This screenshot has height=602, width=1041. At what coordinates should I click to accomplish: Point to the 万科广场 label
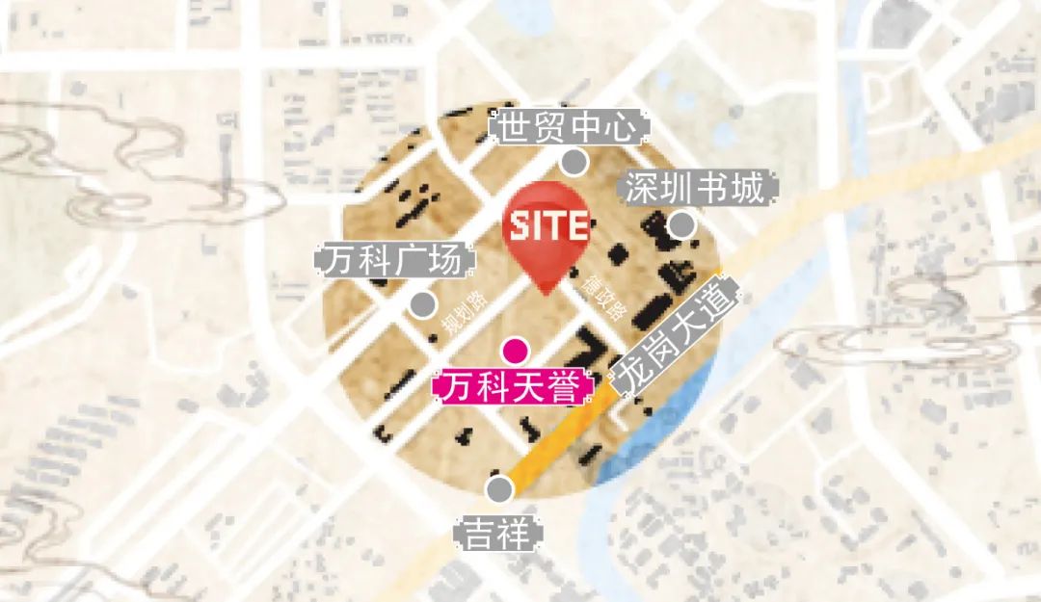[x=395, y=261]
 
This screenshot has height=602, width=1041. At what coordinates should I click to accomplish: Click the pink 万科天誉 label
[x=516, y=388]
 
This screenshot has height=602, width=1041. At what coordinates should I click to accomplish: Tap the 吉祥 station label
[x=498, y=534]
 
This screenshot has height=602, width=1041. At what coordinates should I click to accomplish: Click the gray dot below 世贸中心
[x=575, y=162]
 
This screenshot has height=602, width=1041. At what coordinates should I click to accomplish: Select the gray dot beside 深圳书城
[x=681, y=225]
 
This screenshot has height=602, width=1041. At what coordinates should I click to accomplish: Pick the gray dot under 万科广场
[x=422, y=305]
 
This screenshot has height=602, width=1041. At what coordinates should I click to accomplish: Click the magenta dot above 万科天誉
[x=518, y=351]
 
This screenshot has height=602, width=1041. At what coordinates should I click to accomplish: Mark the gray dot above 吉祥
[x=499, y=489]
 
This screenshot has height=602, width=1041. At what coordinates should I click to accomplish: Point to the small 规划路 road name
[x=466, y=313]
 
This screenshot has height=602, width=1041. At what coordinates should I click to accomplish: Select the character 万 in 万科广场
[x=336, y=261]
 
